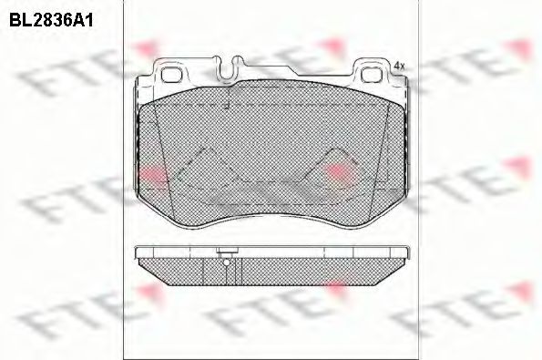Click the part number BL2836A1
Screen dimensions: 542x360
pyautogui.click(x=51, y=21)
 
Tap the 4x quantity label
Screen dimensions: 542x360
pyautogui.click(x=399, y=66)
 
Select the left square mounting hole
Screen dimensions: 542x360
pyautogui.click(x=171, y=75)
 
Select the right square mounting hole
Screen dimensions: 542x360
pyautogui.click(x=371, y=75)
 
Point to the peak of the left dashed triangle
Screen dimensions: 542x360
pyautogui.click(x=207, y=149)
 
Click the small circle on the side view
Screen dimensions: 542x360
pyautogui.click(x=227, y=262)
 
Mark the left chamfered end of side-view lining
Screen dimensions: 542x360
pyautogui.click(x=154, y=273)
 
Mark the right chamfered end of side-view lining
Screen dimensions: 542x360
pyautogui.click(x=390, y=273)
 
